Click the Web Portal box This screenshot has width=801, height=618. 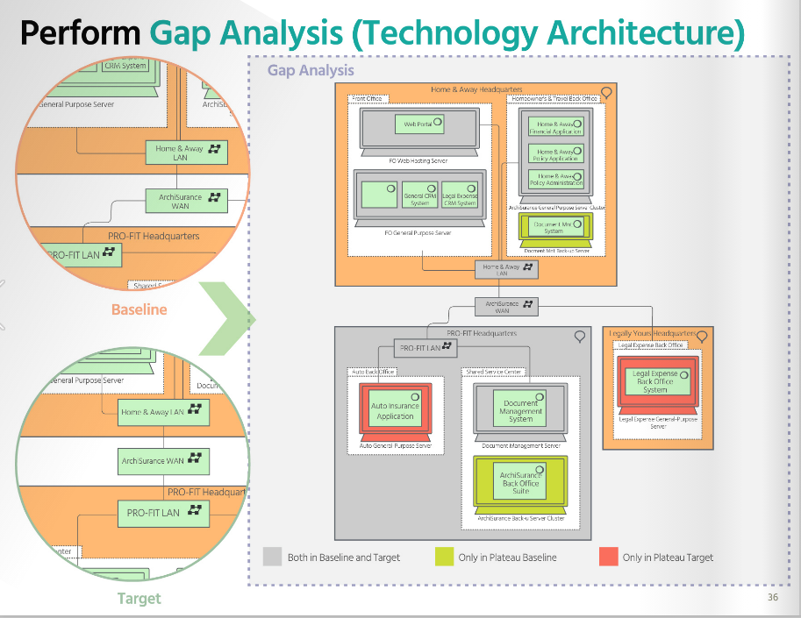pyautogui.click(x=418, y=125)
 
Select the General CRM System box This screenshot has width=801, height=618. pyautogui.click(x=419, y=195)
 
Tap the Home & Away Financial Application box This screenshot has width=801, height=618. pyautogui.click(x=556, y=127)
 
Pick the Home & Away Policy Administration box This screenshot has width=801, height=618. pyautogui.click(x=556, y=180)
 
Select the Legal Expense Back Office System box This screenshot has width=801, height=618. pyautogui.click(x=656, y=381)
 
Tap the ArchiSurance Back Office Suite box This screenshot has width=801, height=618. pyautogui.click(x=520, y=482)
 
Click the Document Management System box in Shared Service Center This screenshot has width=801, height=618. pyautogui.click(x=520, y=410)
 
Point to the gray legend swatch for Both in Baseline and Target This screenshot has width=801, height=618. pyautogui.click(x=273, y=557)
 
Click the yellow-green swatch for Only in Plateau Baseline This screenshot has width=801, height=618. pyautogui.click(x=444, y=557)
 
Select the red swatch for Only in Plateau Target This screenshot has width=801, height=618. pyautogui.click(x=609, y=557)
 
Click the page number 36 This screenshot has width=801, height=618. pyautogui.click(x=772, y=598)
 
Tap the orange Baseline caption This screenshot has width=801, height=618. pyautogui.click(x=139, y=309)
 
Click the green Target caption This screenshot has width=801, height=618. pyautogui.click(x=139, y=599)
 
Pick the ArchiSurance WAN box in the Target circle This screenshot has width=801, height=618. pyautogui.click(x=163, y=459)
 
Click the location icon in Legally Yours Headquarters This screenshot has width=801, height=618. pyautogui.click(x=701, y=336)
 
